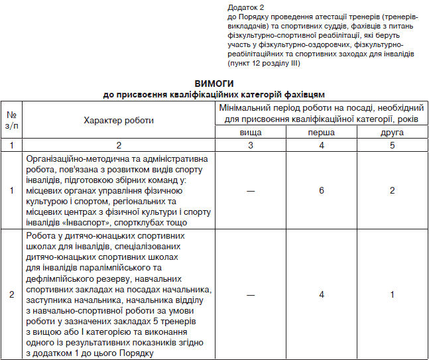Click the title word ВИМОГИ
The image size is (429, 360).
click(x=214, y=84)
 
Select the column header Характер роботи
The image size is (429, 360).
click(x=119, y=120)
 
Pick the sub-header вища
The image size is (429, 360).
click(x=250, y=133)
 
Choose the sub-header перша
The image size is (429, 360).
click(x=322, y=133)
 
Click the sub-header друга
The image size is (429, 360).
click(x=393, y=133)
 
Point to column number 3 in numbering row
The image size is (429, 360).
click(x=250, y=145)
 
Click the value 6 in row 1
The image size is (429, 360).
click(x=322, y=190)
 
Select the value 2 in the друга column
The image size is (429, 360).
click(x=393, y=190)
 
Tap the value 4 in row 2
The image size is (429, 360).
click(x=322, y=294)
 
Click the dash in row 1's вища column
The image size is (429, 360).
click(x=250, y=190)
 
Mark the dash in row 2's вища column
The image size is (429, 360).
click(x=250, y=294)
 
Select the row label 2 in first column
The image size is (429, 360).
click(x=11, y=294)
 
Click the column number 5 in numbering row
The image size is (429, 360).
click(x=393, y=145)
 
